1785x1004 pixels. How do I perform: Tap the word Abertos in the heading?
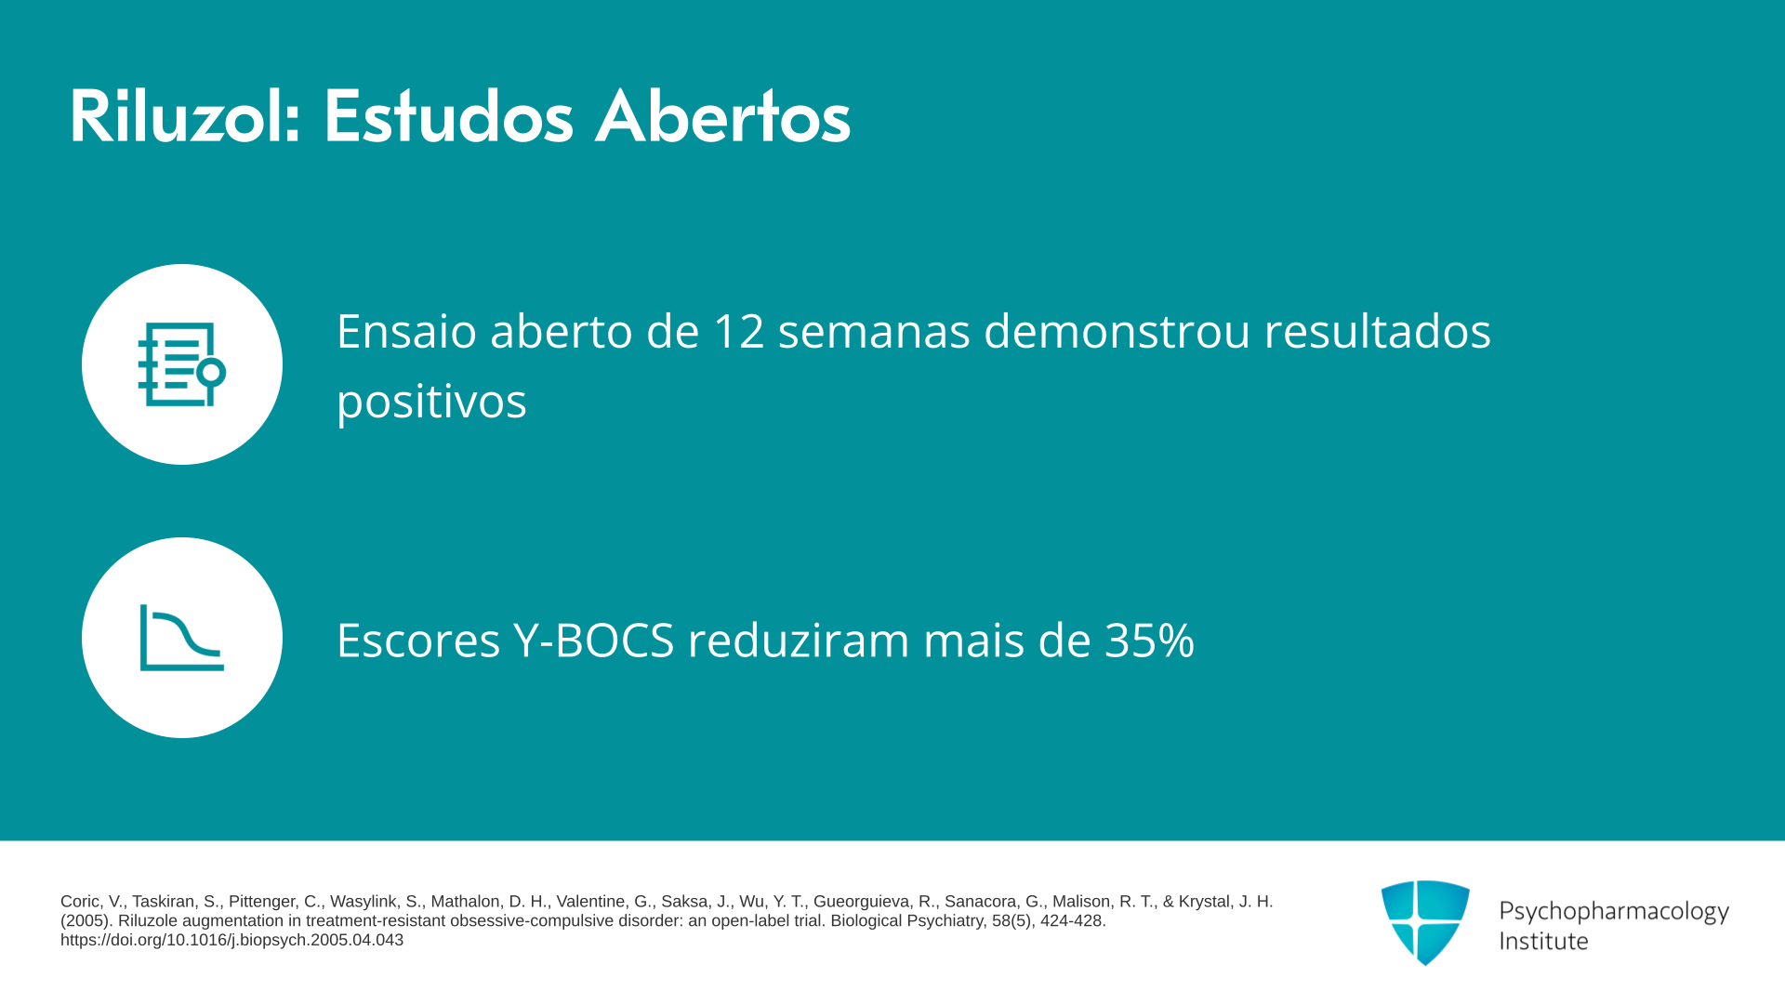point(723,116)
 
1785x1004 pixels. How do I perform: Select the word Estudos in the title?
point(448,116)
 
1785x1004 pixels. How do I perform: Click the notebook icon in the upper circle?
point(182,364)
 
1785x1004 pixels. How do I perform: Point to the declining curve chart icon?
point(182,638)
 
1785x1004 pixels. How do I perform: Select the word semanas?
point(874,331)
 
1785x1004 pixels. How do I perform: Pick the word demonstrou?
point(1117,331)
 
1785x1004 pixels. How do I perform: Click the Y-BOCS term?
point(593,640)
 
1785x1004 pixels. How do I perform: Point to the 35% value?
point(1149,640)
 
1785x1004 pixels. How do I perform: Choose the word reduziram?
point(799,640)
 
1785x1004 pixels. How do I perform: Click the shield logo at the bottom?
point(1425,922)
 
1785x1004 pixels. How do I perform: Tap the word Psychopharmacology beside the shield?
point(1614,911)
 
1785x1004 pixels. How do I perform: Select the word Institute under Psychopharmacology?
point(1543,941)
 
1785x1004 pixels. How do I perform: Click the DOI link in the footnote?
point(231,940)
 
